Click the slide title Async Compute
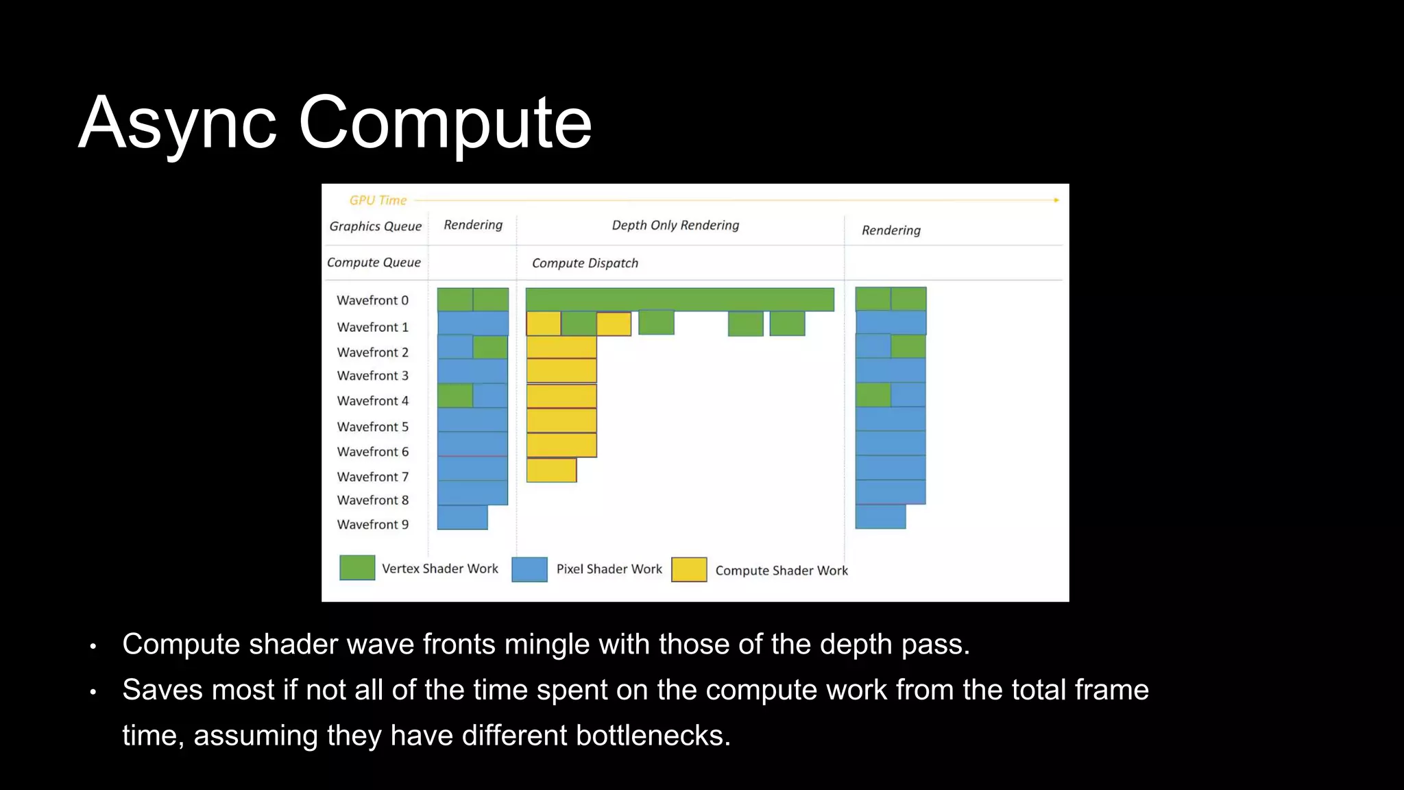click(x=335, y=123)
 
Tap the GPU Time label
click(x=378, y=200)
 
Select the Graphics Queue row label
click(x=375, y=226)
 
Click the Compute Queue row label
click(x=374, y=263)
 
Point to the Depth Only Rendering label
click(x=675, y=225)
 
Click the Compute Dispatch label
click(x=585, y=263)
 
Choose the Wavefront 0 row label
click(x=372, y=300)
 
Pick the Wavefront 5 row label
click(x=372, y=427)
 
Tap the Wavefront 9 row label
click(x=372, y=525)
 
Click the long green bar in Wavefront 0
click(x=679, y=300)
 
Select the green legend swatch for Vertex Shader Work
click(x=357, y=568)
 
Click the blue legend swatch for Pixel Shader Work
click(x=529, y=569)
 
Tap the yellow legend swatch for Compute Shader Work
click(x=689, y=570)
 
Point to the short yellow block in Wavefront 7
click(x=551, y=470)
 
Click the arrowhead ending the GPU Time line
click(x=1056, y=200)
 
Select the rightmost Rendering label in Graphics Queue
click(x=891, y=230)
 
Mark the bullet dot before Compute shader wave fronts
click(x=93, y=646)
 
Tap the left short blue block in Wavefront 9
click(x=462, y=518)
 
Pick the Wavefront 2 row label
click(x=372, y=352)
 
